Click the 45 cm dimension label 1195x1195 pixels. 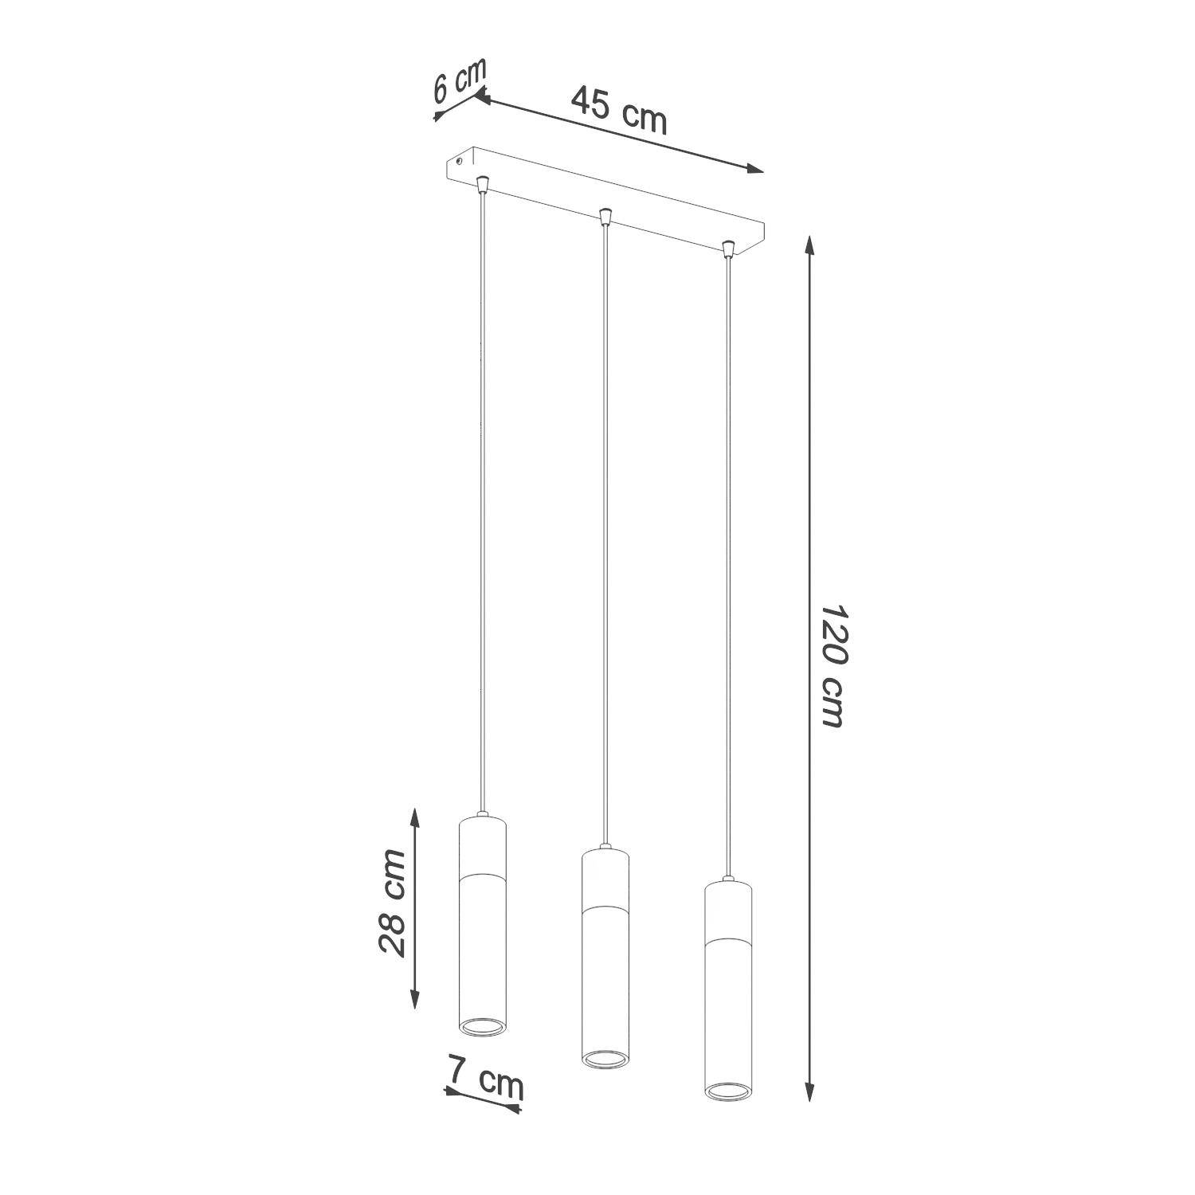619,110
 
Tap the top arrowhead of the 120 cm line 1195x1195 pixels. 810,243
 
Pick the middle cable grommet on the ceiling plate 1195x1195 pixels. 605,216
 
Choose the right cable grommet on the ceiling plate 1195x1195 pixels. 727,249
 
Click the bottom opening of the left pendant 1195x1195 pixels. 483,1027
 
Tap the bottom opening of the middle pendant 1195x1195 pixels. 605,1059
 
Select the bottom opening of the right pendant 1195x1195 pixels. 727,1091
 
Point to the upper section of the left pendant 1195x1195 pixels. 483,846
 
